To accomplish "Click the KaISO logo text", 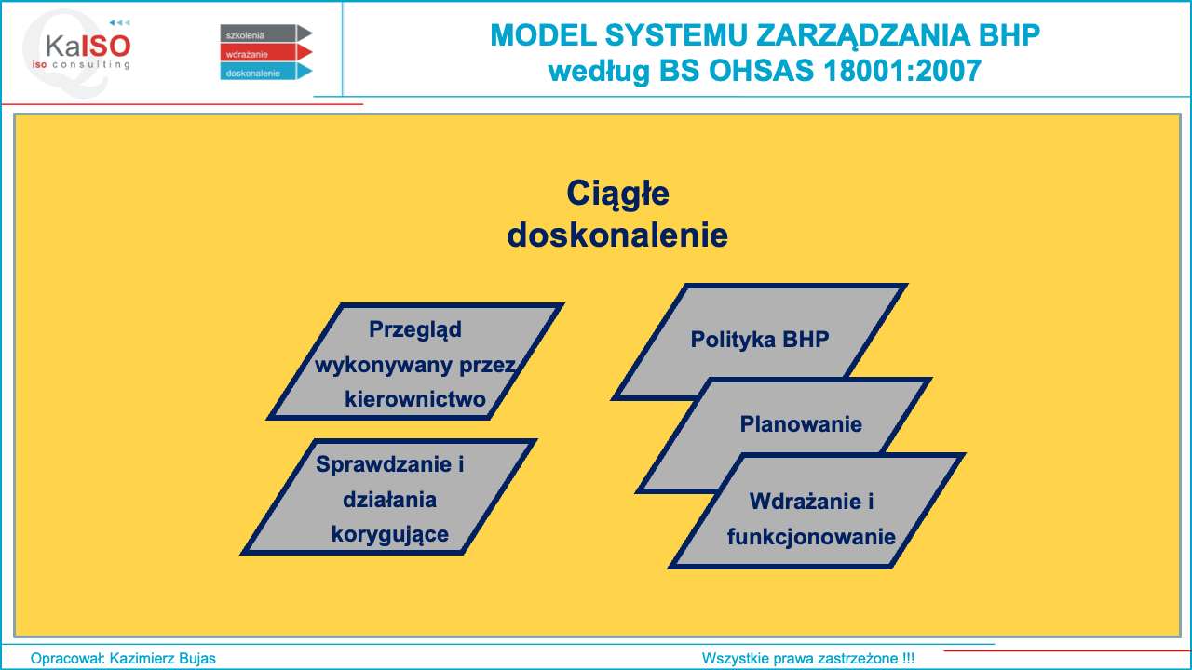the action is coord(88,46).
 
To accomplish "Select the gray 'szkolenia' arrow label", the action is coord(266,33).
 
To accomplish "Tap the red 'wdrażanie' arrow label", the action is coord(266,52).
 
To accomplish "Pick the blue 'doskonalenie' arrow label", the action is coord(266,72).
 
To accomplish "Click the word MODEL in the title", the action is coord(543,35).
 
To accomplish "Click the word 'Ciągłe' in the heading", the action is coord(617,193).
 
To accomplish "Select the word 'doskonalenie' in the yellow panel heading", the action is coord(617,235).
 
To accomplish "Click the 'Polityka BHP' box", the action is coord(759,341).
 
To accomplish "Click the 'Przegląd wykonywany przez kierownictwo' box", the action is coord(415,362).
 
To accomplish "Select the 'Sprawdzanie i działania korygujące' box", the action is coord(389,497).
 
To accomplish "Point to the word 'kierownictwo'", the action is coord(415,399).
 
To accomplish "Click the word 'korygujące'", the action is coord(390,535).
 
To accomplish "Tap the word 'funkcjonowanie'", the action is coord(811,537).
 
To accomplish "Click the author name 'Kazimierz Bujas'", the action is coord(162,658).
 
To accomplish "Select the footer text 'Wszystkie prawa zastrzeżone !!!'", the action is coord(807,658).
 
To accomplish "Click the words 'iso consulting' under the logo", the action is coord(81,64).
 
